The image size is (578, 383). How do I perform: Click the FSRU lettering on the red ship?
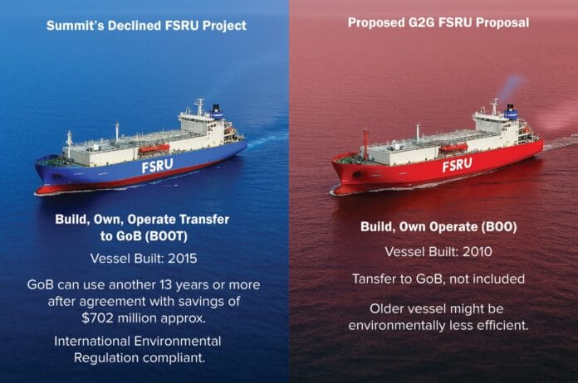click(457, 163)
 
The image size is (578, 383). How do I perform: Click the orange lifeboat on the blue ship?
click(153, 148)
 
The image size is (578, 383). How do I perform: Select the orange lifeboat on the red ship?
click(453, 147)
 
